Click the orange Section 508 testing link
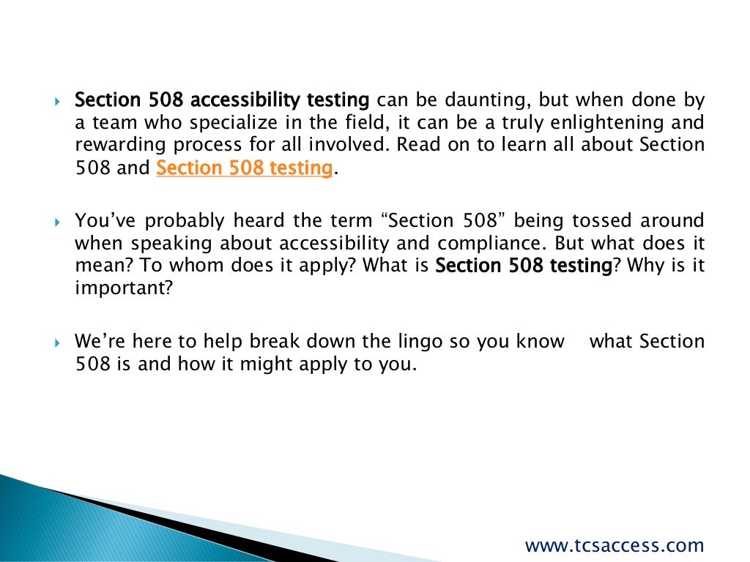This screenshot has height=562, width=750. click(245, 168)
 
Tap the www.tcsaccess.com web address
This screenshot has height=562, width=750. click(615, 545)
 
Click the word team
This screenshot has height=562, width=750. click(109, 122)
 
